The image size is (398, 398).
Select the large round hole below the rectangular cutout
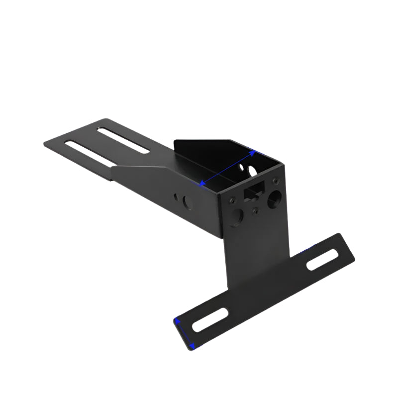pyautogui.click(x=237, y=215)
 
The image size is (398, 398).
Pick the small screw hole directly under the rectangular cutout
pyautogui.click(x=255, y=211)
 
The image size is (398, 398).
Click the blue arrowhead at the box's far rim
pyautogui.click(x=253, y=153)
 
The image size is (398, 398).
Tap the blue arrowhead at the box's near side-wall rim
pyautogui.click(x=202, y=184)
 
